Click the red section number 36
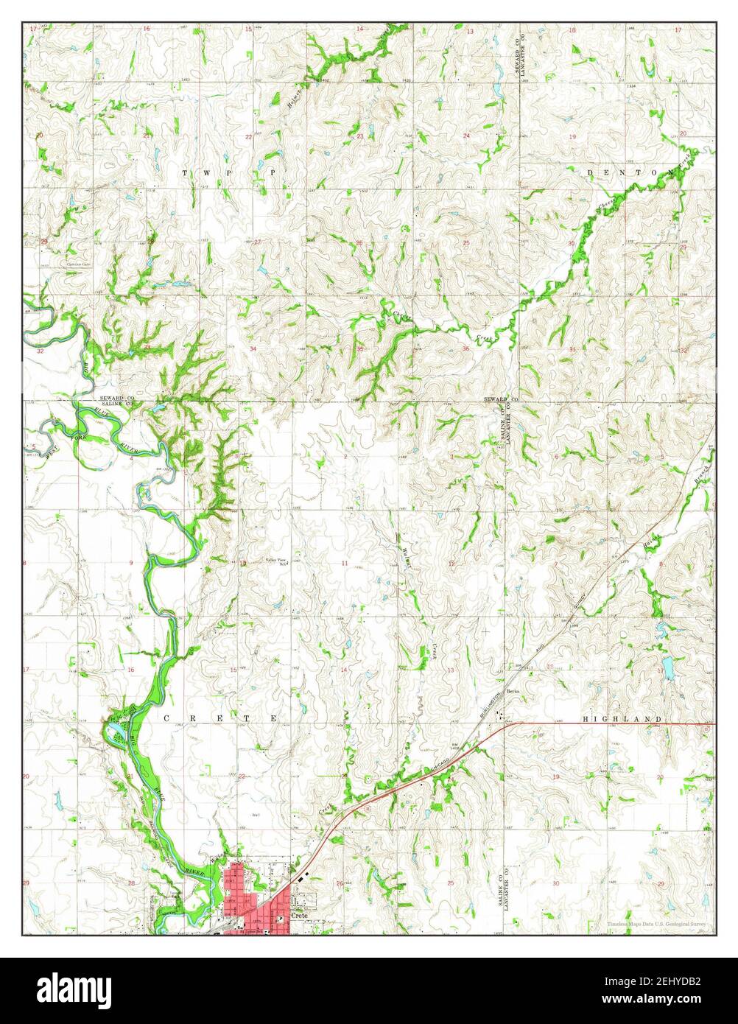(465, 348)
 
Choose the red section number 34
(253, 348)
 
